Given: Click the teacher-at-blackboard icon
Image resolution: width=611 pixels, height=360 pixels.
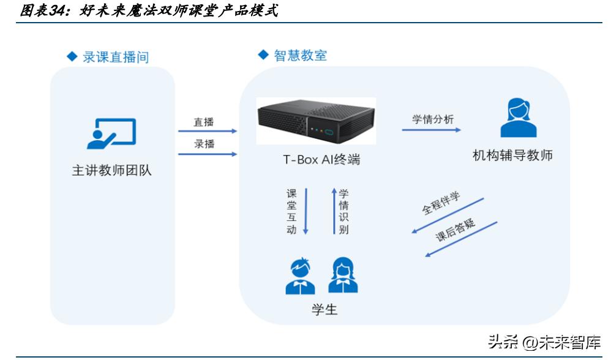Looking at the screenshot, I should pos(111,133).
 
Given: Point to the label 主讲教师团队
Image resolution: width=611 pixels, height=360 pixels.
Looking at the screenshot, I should pos(111,171).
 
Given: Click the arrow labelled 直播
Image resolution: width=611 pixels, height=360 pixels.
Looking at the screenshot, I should pos(207,131).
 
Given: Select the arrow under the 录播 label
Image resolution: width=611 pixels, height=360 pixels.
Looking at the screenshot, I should pos(207,154).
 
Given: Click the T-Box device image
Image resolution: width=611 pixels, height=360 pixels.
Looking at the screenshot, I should pos(316,121).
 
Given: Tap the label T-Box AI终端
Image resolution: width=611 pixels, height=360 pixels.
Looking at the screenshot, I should pos(321,160).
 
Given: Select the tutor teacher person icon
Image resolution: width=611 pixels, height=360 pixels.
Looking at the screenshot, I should pos(518,118).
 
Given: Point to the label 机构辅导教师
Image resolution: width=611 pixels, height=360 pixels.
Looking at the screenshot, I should pos(513,156).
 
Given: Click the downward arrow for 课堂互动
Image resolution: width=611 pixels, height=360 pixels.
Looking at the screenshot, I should pos(306,211).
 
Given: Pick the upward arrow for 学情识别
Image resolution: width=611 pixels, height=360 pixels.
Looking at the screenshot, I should pos(334,211).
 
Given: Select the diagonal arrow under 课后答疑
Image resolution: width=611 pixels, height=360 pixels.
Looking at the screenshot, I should pos(462,239).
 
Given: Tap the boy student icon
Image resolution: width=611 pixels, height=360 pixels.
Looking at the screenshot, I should pos(301,277).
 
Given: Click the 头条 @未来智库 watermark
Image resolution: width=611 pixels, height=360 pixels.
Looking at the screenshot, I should pos(544,341).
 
